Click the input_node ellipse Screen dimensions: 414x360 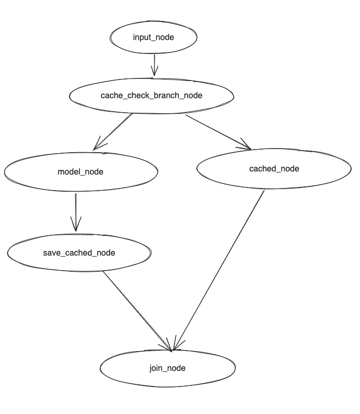(153, 37)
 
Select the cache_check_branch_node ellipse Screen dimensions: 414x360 (151, 96)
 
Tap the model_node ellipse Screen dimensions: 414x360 (81, 171)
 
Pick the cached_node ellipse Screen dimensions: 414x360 (274, 168)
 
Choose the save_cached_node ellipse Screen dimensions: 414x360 (79, 253)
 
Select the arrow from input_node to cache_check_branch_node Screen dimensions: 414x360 (154, 65)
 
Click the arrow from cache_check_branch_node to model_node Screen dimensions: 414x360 (114, 131)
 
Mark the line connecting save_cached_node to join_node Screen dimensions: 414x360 (136, 310)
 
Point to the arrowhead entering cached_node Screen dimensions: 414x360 (247, 148)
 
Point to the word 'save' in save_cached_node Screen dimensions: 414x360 (51, 253)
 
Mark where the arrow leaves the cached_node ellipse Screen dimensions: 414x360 (264, 191)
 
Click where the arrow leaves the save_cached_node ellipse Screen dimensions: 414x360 (103, 271)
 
